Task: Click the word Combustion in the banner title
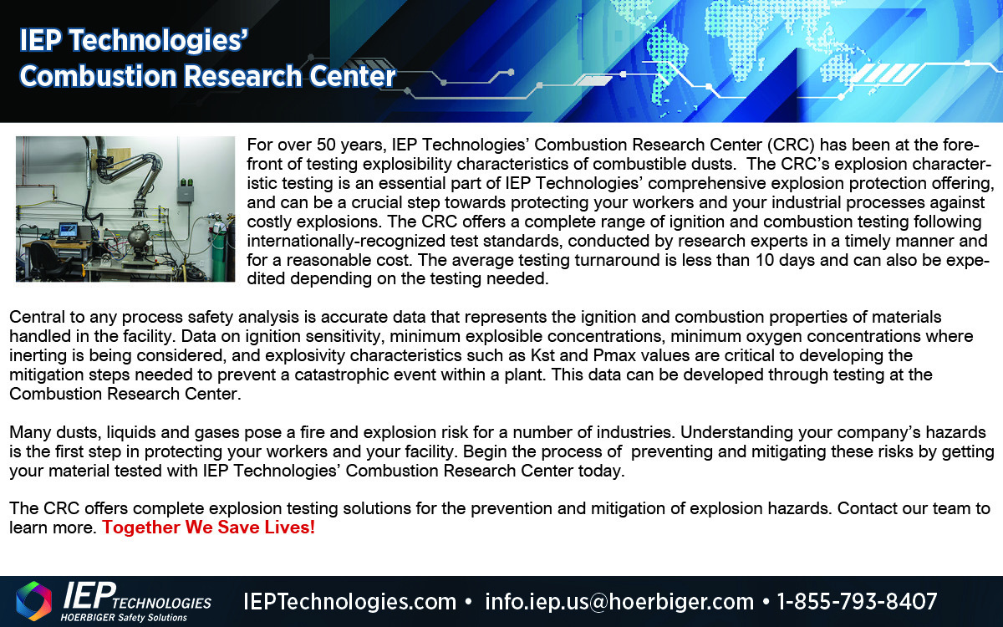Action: point(99,76)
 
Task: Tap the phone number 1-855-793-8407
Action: point(857,601)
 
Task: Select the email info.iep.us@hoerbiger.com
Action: point(619,601)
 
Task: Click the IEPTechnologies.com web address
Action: point(349,601)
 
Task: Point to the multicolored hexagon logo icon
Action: point(33,601)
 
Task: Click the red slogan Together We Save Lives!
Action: point(209,528)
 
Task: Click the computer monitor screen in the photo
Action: point(68,230)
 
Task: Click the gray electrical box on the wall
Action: point(185,194)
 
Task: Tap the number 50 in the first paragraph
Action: point(327,145)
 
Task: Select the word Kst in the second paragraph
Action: point(542,355)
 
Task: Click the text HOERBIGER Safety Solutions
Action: point(124,618)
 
